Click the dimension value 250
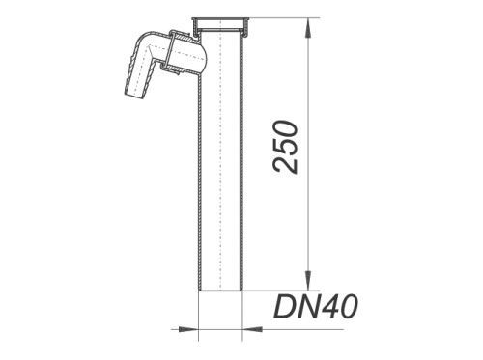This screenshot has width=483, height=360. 285,147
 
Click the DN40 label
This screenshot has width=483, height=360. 316,307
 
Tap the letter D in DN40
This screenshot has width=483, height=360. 284,307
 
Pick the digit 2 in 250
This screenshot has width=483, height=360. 285,165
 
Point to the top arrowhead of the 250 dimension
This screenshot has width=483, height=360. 308,28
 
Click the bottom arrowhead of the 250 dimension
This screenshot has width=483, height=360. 308,280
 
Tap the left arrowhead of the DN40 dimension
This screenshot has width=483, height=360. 187,329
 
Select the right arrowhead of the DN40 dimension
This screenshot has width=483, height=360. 252,329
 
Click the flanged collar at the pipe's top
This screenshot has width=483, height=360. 221,24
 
